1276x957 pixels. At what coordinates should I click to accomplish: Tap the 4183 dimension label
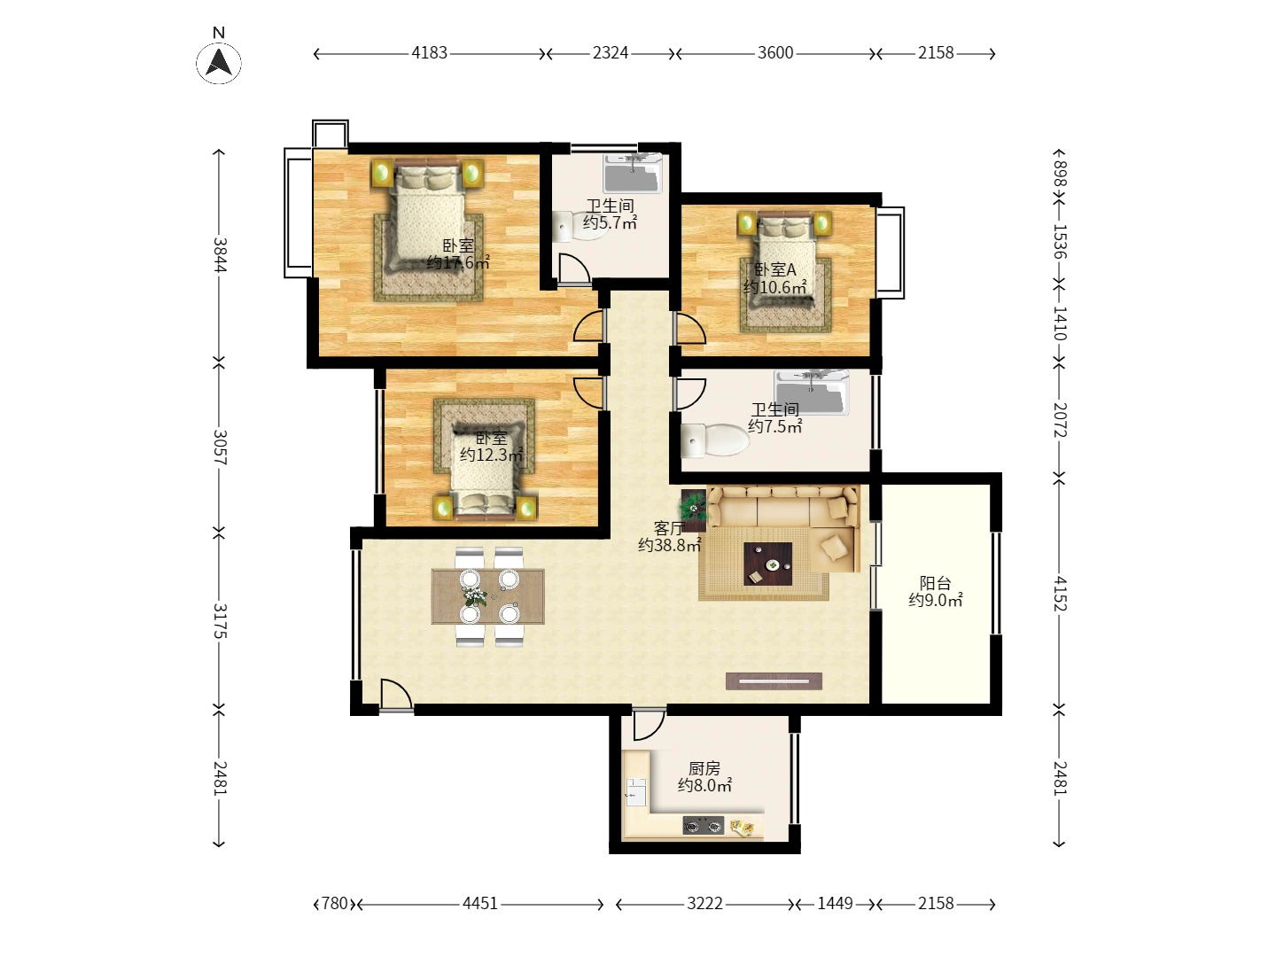[429, 53]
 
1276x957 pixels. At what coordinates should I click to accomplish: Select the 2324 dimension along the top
[610, 53]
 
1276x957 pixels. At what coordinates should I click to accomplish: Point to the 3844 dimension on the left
[219, 254]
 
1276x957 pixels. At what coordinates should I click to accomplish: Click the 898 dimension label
[1059, 175]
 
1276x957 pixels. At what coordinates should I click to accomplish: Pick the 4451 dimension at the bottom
[479, 904]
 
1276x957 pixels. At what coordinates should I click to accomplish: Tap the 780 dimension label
[334, 904]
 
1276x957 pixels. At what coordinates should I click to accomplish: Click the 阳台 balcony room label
[935, 583]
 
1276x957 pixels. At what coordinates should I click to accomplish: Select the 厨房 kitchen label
[704, 769]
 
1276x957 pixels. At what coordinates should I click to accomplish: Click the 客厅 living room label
[669, 528]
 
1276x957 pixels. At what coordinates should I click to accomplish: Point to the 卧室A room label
[774, 269]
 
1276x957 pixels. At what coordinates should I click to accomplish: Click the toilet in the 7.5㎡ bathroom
[714, 440]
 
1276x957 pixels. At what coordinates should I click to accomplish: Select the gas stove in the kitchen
[703, 825]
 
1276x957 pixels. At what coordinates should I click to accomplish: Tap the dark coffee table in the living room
[767, 564]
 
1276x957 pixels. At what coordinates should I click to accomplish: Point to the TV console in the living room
[774, 681]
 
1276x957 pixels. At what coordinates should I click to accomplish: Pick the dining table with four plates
[487, 596]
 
